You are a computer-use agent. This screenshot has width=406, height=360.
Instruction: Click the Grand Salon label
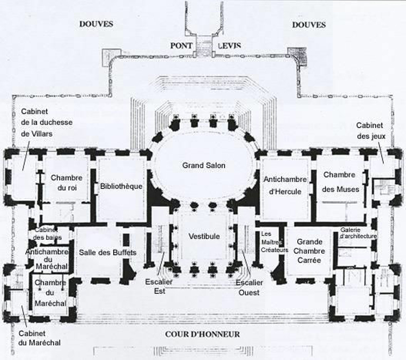click(x=204, y=166)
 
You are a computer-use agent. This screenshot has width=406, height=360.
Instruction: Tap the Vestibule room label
click(x=204, y=237)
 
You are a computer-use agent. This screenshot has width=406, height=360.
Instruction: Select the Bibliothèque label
click(x=121, y=186)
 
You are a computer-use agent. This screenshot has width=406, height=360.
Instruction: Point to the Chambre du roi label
click(x=67, y=183)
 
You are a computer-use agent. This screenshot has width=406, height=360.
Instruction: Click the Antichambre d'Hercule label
click(x=285, y=186)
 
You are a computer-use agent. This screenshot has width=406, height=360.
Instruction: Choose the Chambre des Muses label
click(x=340, y=182)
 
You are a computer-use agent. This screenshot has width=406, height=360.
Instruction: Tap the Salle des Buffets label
click(x=108, y=252)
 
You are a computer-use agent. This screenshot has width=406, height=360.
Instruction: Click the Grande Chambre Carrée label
click(x=310, y=251)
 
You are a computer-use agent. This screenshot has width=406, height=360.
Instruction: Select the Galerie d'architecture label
click(x=358, y=233)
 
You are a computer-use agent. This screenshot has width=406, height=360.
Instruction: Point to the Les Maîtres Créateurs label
click(x=274, y=242)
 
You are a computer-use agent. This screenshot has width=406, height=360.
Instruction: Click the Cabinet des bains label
click(x=47, y=234)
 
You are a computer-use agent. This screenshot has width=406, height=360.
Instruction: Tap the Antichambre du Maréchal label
click(x=47, y=259)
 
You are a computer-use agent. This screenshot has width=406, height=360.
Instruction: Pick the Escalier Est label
click(x=159, y=286)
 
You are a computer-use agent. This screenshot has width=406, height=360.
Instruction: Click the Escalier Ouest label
click(x=249, y=287)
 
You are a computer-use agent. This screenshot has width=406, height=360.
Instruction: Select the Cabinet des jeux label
click(x=371, y=130)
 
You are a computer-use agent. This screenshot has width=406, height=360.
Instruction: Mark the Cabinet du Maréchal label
click(x=40, y=338)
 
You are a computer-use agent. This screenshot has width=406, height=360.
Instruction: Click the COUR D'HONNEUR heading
click(x=202, y=335)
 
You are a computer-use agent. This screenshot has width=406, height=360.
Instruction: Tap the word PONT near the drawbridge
click(x=181, y=46)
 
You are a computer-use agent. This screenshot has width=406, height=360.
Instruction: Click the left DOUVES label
click(x=96, y=24)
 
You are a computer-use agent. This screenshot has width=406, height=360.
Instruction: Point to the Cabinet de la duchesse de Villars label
click(x=47, y=122)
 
